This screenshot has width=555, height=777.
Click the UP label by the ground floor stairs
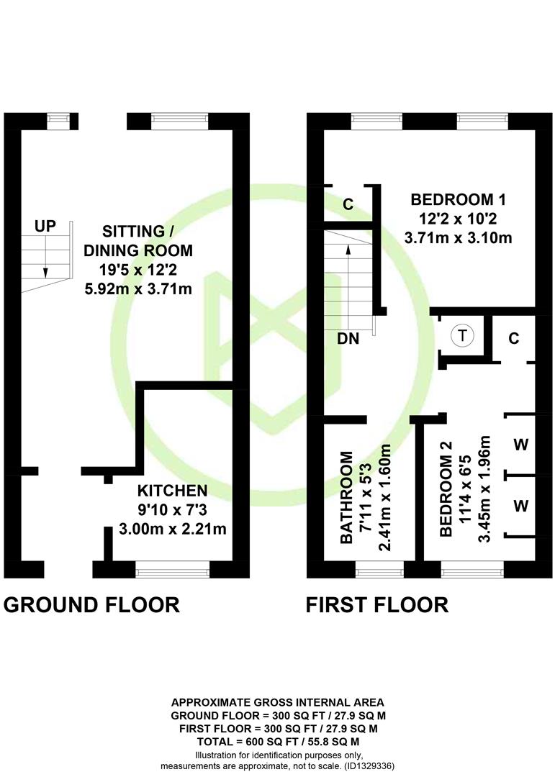(45, 227)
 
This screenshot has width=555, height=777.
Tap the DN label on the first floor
(348, 338)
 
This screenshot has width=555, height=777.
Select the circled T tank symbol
(462, 335)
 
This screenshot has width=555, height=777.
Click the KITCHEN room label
(172, 491)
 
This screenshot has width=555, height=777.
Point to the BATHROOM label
(346, 498)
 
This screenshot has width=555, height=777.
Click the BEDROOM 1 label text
(459, 200)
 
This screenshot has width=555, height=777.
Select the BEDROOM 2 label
(446, 489)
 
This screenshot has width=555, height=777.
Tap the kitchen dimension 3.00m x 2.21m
(173, 529)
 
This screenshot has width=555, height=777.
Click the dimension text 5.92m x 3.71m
(138, 288)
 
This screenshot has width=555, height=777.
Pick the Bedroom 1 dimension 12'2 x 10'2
(459, 219)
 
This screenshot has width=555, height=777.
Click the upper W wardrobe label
(520, 445)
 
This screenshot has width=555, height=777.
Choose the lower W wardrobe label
(520, 506)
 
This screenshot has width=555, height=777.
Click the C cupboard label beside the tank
(514, 338)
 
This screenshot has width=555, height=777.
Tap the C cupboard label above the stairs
(348, 204)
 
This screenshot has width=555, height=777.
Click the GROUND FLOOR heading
(91, 605)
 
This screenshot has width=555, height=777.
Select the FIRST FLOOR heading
(377, 605)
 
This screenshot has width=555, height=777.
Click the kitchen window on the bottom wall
(173, 569)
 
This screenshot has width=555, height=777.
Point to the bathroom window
(380, 569)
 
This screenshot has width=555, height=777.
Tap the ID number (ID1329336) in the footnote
(369, 766)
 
